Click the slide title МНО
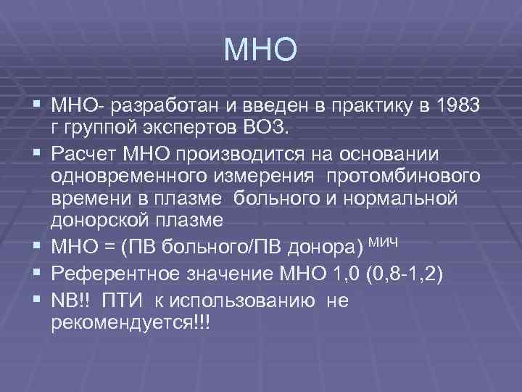click(260, 49)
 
